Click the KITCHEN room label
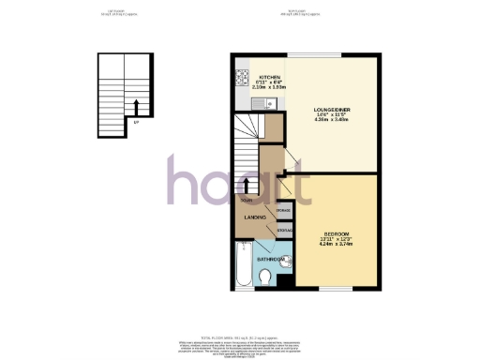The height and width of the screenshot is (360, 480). (270, 78)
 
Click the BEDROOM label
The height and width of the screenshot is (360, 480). (337, 232)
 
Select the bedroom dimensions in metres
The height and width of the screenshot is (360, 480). (337, 245)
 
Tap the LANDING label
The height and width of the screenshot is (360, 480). (255, 217)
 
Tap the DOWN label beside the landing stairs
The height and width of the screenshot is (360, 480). (246, 201)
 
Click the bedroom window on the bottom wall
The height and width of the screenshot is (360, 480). (337, 286)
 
